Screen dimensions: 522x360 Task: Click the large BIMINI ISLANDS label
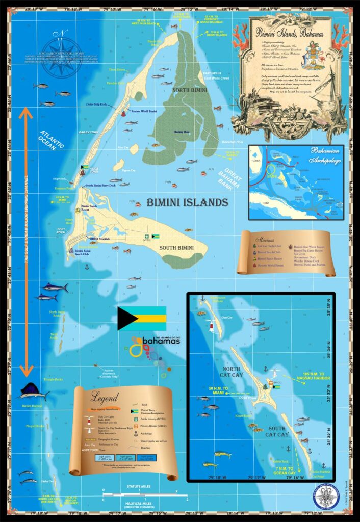[187, 203]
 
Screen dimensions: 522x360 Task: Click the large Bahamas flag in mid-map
[142, 318]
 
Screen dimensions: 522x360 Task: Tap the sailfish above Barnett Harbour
[34, 391]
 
